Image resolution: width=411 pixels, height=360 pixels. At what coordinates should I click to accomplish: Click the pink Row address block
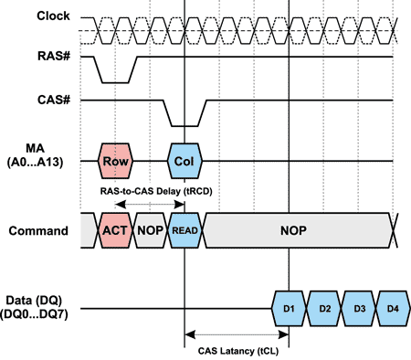pyautogui.click(x=116, y=161)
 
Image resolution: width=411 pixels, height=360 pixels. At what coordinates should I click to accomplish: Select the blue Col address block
pyautogui.click(x=185, y=161)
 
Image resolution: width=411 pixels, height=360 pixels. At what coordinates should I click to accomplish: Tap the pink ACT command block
pyautogui.click(x=116, y=232)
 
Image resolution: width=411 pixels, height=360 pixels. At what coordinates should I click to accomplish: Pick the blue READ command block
pyautogui.click(x=185, y=232)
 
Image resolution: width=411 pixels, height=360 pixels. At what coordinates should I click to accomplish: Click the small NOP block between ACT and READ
pyautogui.click(x=150, y=232)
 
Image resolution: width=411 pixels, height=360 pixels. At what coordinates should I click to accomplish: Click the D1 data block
pyautogui.click(x=290, y=308)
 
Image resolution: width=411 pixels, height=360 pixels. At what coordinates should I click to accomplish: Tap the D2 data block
pyautogui.click(x=324, y=308)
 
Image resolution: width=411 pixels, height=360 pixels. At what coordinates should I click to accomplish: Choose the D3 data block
pyautogui.click(x=359, y=308)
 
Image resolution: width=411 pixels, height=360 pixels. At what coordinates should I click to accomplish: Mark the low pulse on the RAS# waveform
pyautogui.click(x=116, y=80)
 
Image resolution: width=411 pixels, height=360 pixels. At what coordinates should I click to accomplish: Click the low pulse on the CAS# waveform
pyautogui.click(x=185, y=124)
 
